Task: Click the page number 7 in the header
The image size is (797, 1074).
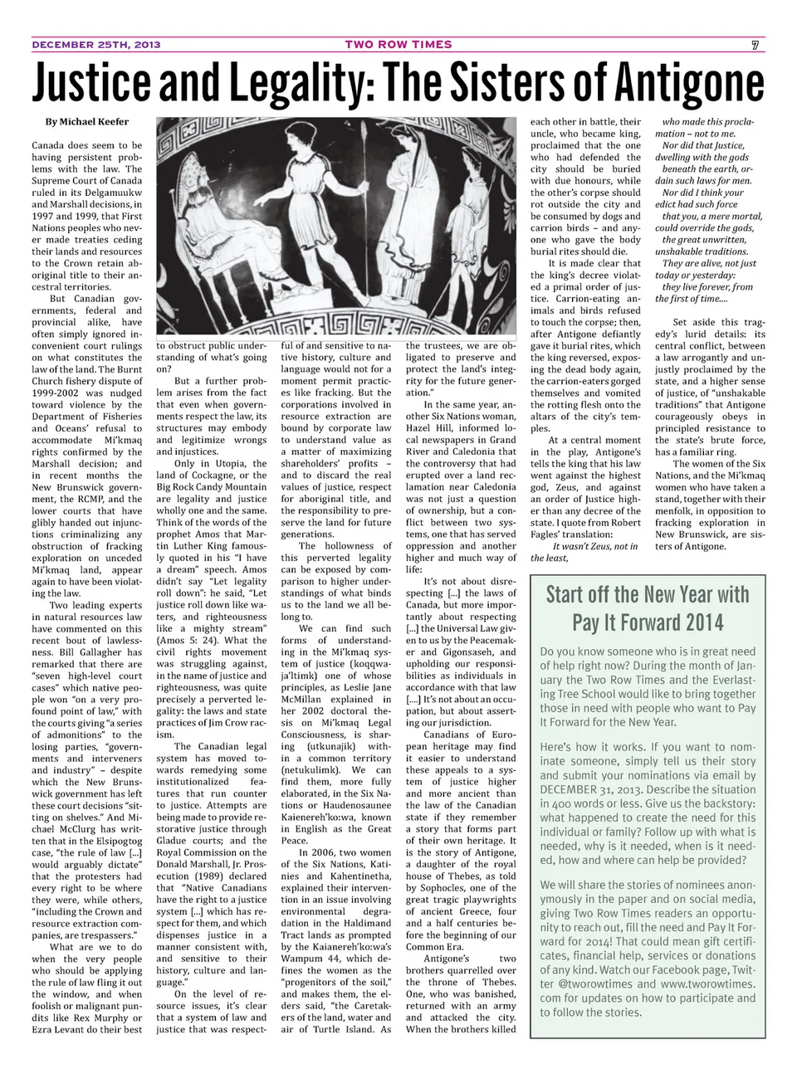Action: pyautogui.click(x=755, y=45)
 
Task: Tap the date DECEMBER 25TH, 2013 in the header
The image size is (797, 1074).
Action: pyautogui.click(x=96, y=45)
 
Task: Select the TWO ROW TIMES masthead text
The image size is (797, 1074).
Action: pyautogui.click(x=398, y=45)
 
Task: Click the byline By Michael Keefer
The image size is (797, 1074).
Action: pyautogui.click(x=87, y=122)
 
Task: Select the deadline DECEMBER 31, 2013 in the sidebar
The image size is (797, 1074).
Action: pyautogui.click(x=591, y=789)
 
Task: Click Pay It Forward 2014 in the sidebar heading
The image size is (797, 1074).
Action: pyautogui.click(x=648, y=622)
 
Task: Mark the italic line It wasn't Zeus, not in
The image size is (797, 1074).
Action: pyautogui.click(x=595, y=546)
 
